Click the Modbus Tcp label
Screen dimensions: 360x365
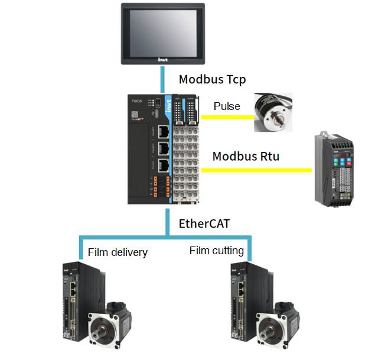212,79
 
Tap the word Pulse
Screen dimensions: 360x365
227,106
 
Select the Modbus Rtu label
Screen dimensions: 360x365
246,157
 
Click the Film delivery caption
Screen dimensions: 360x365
118,252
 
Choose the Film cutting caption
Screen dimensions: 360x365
216,251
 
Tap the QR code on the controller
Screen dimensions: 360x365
135,112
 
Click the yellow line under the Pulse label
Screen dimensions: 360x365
227,117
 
